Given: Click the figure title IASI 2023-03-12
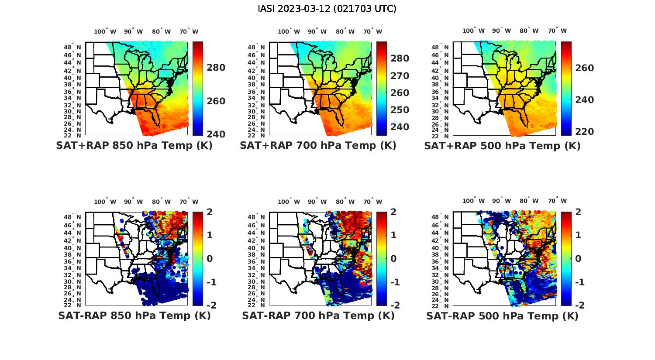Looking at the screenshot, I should click(x=327, y=9).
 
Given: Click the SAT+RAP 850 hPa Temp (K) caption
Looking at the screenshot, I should click(x=134, y=146).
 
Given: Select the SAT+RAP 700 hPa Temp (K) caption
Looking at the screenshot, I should click(x=318, y=146).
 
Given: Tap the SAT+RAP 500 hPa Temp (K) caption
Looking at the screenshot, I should click(x=502, y=146).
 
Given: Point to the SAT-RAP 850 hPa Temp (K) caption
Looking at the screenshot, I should click(x=134, y=315).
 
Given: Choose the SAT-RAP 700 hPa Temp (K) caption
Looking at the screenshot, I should click(x=318, y=315).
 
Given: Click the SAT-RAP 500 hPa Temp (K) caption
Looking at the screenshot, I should click(x=502, y=316).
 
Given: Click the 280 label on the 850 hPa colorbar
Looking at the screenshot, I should click(x=216, y=68).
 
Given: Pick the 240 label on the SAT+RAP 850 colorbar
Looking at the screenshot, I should click(x=216, y=134).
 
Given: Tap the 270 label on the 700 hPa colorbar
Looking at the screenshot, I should click(x=400, y=76).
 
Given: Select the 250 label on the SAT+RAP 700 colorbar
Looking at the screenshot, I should click(x=400, y=110).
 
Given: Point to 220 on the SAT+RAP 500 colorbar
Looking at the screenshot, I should click(x=584, y=132).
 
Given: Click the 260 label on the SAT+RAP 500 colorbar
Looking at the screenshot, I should click(x=584, y=68).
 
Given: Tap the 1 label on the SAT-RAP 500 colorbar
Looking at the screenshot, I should click(x=578, y=235).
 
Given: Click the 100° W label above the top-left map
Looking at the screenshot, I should click(x=105, y=31).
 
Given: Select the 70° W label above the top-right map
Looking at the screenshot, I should click(x=557, y=31).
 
